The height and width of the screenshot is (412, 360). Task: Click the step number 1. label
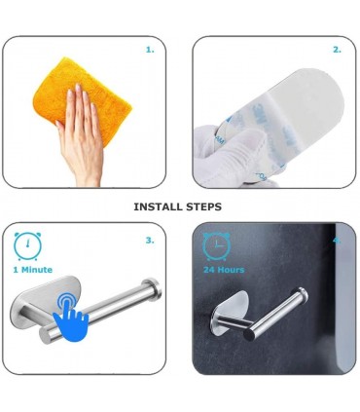[150, 50]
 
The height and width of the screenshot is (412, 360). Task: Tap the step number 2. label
[338, 50]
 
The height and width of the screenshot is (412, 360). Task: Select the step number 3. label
[150, 241]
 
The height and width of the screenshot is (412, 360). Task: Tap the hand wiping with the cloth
[80, 136]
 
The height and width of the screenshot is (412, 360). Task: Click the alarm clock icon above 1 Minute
[27, 245]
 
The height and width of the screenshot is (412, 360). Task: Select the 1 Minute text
[33, 270]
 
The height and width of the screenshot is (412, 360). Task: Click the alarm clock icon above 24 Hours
[216, 245]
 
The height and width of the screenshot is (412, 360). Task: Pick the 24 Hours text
[224, 270]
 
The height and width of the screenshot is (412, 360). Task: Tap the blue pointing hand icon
[71, 317]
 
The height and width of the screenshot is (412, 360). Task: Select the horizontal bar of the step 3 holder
[100, 312]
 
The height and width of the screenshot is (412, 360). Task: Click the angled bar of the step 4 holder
[275, 315]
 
